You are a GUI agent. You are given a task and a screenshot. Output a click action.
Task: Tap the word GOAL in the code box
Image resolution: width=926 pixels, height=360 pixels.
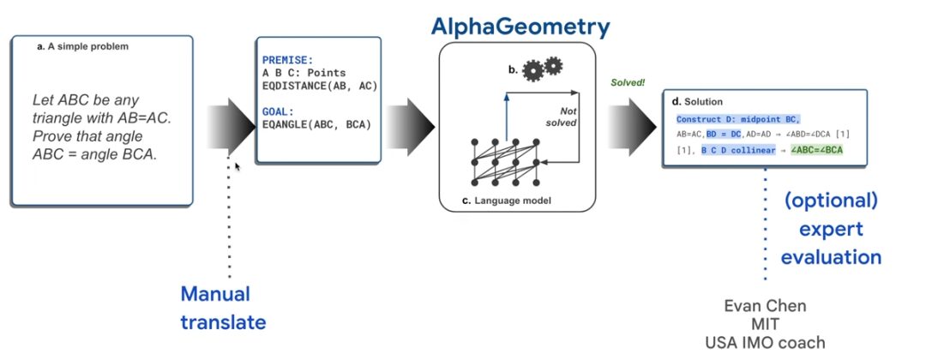pos(278,111)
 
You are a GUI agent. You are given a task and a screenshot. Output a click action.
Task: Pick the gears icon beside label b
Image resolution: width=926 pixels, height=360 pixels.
pos(544,67)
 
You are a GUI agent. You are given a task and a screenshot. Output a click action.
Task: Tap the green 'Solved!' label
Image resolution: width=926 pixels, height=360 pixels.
pos(628,83)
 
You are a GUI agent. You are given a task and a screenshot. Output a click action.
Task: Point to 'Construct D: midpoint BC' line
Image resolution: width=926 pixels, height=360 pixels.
pos(737,118)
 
